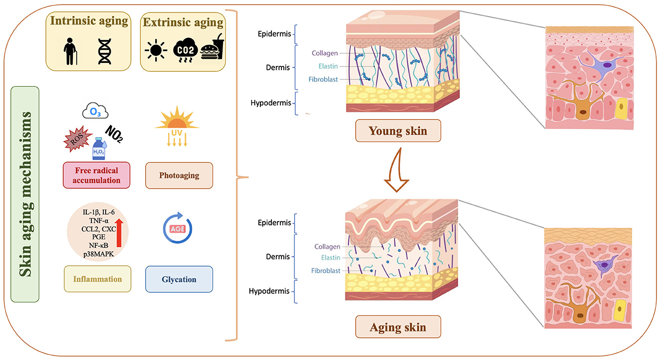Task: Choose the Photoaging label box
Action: [172, 175]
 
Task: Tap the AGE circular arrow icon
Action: [178, 229]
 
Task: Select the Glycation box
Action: [179, 279]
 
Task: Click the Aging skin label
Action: [399, 328]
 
